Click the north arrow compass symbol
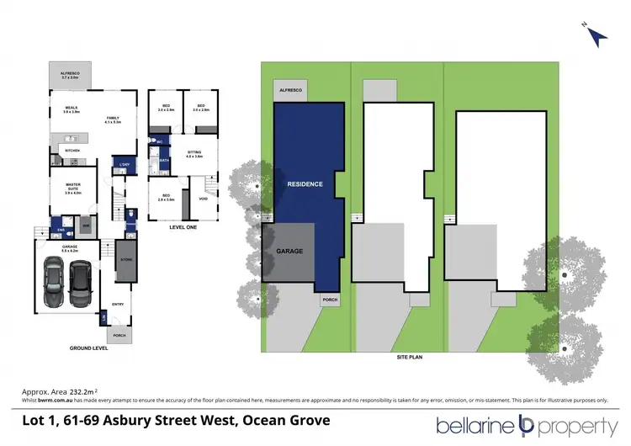(597, 36)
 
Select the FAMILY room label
(113, 119)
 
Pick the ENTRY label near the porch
(117, 305)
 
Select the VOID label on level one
(203, 199)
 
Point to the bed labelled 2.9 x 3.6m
(166, 198)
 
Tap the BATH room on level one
(164, 160)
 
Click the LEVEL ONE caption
(182, 226)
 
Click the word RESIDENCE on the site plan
(305, 184)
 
